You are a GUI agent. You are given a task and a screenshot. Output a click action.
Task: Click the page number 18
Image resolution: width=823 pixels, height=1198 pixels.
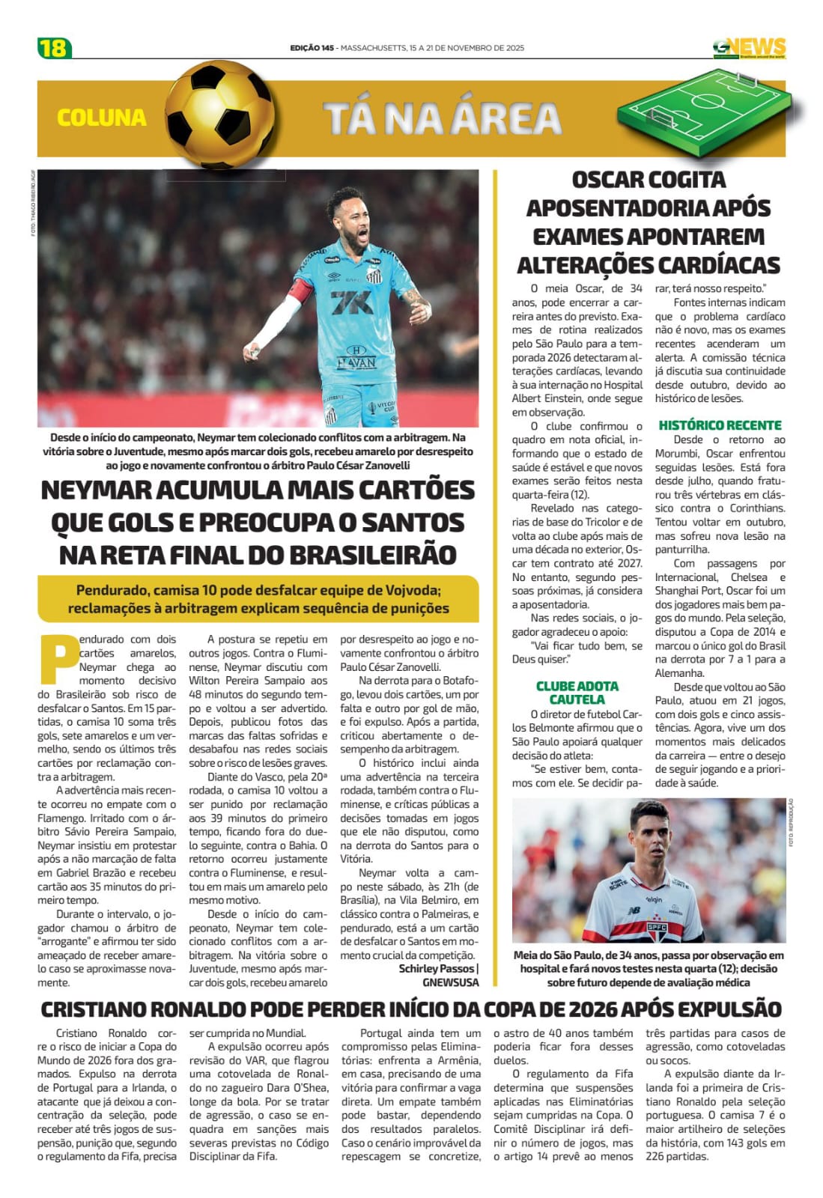54,47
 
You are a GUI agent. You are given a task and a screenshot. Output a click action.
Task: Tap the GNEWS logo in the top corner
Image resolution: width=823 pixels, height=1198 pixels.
749,48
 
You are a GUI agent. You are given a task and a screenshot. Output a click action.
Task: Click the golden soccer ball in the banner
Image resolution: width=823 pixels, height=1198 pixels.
219,115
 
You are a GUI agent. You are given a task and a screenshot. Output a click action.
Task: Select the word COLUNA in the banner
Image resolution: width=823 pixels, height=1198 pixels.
102,118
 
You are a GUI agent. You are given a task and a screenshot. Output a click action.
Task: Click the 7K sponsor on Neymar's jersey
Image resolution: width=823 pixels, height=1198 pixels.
351,302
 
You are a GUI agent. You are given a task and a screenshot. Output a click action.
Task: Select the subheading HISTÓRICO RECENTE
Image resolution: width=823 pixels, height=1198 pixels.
720,425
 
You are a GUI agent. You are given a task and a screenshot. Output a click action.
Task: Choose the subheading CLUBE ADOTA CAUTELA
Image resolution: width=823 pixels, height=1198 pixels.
577,693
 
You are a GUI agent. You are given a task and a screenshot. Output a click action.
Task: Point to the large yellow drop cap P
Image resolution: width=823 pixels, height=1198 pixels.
57,660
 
